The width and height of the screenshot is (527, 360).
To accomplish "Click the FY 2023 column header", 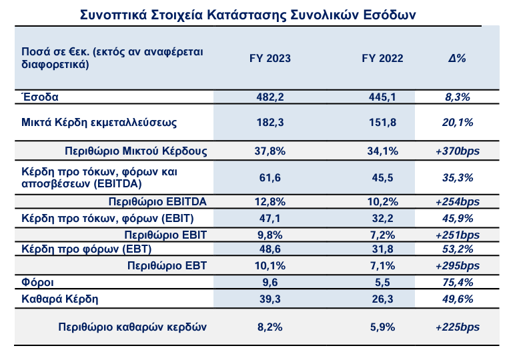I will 270,58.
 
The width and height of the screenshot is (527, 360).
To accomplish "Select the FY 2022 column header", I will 383,58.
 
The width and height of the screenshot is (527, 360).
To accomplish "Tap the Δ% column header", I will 457,58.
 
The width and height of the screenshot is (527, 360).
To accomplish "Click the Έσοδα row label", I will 41,97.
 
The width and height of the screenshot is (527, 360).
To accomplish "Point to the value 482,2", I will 270,97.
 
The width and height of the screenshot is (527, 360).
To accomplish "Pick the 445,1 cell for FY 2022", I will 383,97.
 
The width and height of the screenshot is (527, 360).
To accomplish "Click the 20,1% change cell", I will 458,122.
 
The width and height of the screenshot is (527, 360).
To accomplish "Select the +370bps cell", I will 458,151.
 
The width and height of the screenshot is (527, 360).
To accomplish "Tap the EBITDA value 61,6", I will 270,177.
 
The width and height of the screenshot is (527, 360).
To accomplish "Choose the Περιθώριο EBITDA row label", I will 157,202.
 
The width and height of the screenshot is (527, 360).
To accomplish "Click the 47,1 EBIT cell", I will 270,217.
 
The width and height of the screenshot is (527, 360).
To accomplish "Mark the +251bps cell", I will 458,235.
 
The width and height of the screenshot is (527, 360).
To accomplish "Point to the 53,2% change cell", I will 458,249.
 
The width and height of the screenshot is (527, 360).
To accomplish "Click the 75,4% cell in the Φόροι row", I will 458,282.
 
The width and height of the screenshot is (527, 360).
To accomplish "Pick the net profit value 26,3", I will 383,298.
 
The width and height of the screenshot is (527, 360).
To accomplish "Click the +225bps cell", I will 458,327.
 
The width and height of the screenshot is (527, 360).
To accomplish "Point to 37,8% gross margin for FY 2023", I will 270,151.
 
